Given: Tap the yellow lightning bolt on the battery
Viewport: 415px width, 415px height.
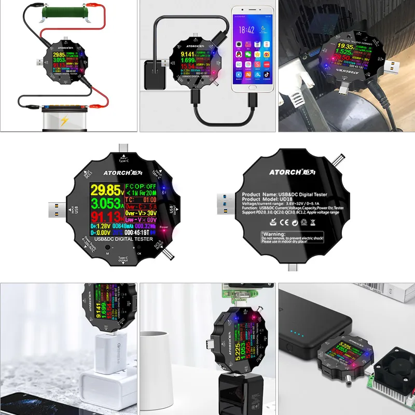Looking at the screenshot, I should (x=64, y=121).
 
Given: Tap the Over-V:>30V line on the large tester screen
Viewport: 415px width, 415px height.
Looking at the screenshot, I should (x=141, y=213).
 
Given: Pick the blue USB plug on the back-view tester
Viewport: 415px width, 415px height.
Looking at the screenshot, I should (x=225, y=200).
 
